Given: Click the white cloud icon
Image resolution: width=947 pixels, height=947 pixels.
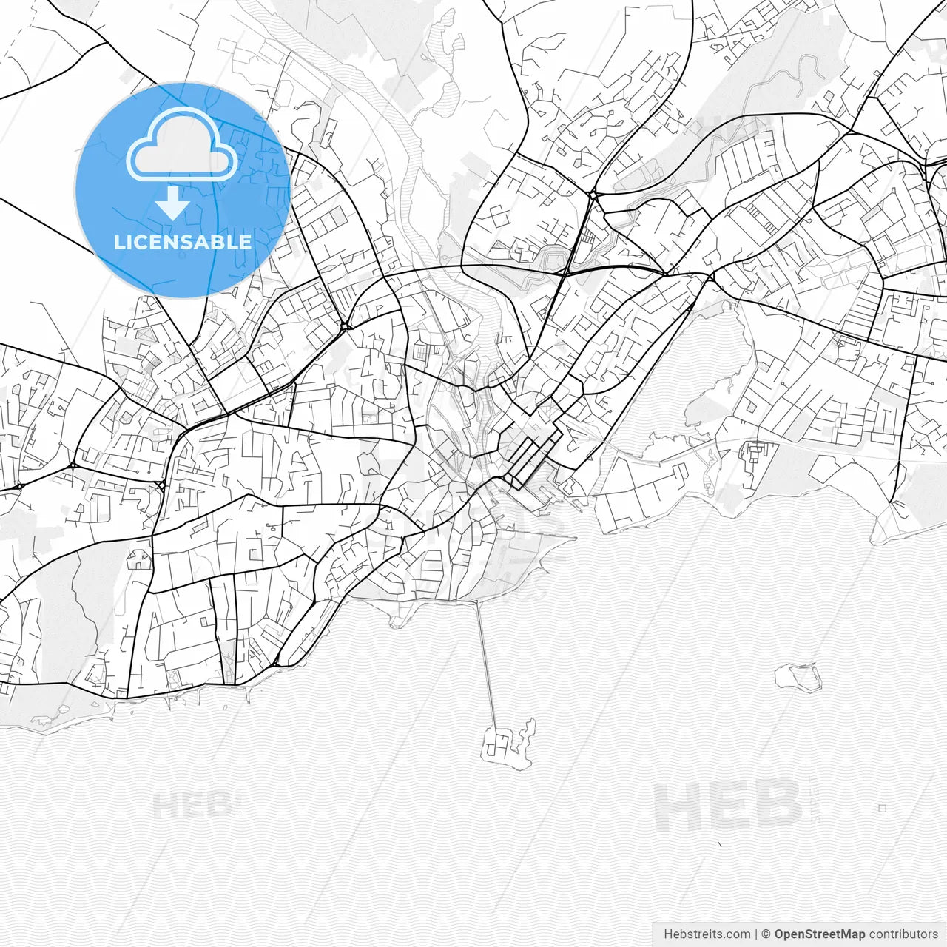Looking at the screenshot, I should pyautogui.click(x=182, y=146).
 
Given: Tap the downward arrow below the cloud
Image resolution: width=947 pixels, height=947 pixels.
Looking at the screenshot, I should pyautogui.click(x=173, y=202).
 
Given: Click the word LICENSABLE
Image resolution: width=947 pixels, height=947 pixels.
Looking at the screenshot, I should pyautogui.click(x=183, y=242).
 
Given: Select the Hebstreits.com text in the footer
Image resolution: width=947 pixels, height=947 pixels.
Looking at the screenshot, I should pyautogui.click(x=707, y=934).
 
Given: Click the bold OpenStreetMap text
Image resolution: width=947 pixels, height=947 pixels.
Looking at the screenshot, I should pyautogui.click(x=819, y=934).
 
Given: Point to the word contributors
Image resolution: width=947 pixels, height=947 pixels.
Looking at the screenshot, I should pyautogui.click(x=903, y=934).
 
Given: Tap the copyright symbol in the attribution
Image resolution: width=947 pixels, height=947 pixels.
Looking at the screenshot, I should pyautogui.click(x=766, y=934).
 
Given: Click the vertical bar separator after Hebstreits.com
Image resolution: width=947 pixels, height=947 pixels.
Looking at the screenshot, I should pyautogui.click(x=756, y=934).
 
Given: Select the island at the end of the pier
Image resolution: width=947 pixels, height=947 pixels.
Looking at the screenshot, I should pyautogui.click(x=503, y=744).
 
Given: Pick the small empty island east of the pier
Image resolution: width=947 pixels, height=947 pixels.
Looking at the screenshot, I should pyautogui.click(x=798, y=676).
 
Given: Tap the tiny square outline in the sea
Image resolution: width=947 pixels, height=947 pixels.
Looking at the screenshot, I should pyautogui.click(x=882, y=809).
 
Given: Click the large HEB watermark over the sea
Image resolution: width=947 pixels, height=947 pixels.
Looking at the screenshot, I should pyautogui.click(x=729, y=806).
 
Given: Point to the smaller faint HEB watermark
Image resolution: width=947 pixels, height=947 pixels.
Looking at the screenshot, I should pyautogui.click(x=196, y=805).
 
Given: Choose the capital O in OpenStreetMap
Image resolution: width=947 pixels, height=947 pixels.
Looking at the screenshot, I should pyautogui.click(x=780, y=934).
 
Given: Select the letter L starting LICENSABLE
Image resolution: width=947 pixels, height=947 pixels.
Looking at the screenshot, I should pyautogui.click(x=119, y=242).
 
